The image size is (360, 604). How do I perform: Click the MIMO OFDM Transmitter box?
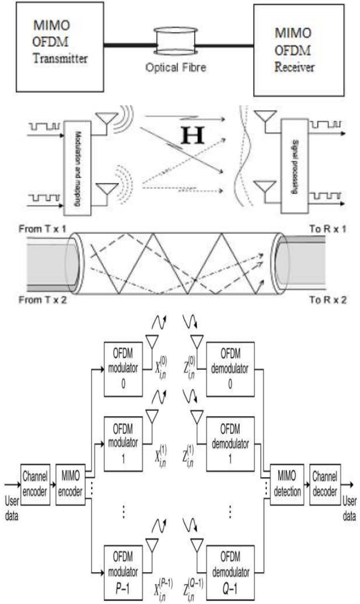click(x=60, y=47)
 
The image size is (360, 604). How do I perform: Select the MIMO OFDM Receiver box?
click(x=299, y=50)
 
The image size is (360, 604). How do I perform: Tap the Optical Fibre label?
click(x=176, y=68)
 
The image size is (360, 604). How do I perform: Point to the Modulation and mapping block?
click(x=77, y=168)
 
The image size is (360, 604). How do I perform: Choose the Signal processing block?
click(x=294, y=166)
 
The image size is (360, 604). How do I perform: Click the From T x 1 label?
click(x=42, y=229)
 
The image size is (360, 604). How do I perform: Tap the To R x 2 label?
click(x=328, y=300)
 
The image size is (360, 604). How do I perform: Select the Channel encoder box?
click(x=35, y=484)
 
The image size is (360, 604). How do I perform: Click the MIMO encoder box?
click(x=70, y=484)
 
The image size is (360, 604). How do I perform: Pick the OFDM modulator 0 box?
click(x=123, y=369)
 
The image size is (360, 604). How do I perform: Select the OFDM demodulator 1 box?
click(x=230, y=444)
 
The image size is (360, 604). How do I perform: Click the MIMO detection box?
click(x=287, y=484)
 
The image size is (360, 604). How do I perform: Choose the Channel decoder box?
click(x=325, y=484)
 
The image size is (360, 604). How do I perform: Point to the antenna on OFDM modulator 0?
click(x=152, y=341)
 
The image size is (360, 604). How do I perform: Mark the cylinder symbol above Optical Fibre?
click(x=176, y=41)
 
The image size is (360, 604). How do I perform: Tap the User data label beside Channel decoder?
click(x=349, y=508)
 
